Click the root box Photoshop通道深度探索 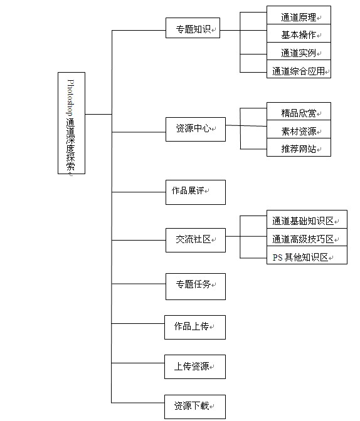click(x=71, y=123)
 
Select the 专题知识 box click(x=193, y=28)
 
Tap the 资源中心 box click(x=196, y=129)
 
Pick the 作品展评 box click(x=196, y=192)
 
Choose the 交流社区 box click(x=196, y=240)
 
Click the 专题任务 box click(x=196, y=286)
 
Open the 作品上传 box click(x=195, y=327)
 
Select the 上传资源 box click(x=195, y=366)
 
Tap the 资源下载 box click(x=195, y=407)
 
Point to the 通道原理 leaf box click(x=299, y=15)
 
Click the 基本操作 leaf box click(x=299, y=33)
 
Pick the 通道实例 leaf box click(x=299, y=51)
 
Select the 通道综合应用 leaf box click(x=299, y=69)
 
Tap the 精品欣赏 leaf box click(x=299, y=111)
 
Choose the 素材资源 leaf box click(x=299, y=129)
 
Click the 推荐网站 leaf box click(x=299, y=147)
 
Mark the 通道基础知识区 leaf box click(x=307, y=219)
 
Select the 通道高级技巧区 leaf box click(x=307, y=237)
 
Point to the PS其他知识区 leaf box click(x=307, y=255)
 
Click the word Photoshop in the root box click(x=70, y=98)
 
